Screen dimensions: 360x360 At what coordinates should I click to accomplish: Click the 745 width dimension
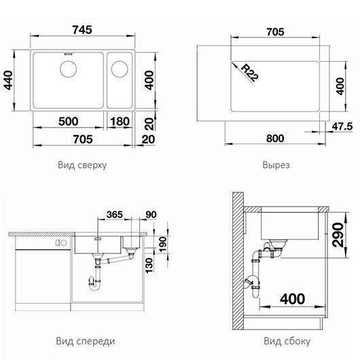82,30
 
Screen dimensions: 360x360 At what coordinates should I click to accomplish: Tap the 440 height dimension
8,80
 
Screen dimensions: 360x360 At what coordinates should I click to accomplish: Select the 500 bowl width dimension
68,121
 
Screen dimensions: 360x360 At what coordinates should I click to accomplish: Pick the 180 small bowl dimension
120,122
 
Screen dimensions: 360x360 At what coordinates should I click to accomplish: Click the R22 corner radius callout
250,73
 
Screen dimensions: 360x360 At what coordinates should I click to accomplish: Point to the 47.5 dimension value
342,126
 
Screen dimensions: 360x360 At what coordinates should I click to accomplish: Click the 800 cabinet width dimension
275,139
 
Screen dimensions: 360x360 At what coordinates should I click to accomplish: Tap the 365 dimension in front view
115,215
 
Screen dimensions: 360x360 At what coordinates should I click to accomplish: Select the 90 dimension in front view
151,215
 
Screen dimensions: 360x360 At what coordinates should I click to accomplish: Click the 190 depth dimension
162,245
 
